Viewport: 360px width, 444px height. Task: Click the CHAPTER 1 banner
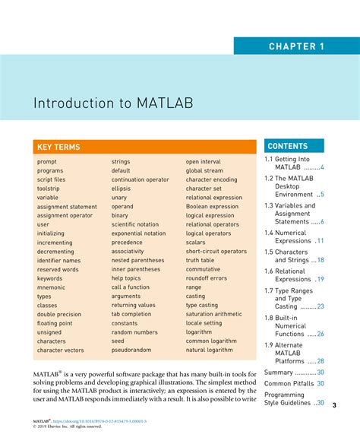pyautogui.click(x=296, y=46)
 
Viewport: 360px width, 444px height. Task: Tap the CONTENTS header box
pyautogui.click(x=287, y=146)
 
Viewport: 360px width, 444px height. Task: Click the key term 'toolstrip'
pyautogui.click(x=48, y=189)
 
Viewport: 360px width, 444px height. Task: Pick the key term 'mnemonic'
pyautogui.click(x=51, y=287)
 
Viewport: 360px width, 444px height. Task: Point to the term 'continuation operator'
pyautogui.click(x=140, y=179)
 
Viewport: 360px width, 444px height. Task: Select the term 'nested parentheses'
pyautogui.click(x=138, y=260)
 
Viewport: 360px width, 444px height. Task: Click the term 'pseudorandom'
pyautogui.click(x=131, y=350)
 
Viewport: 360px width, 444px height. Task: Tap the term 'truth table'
pyautogui.click(x=200, y=260)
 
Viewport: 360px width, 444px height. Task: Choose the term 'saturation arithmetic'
pyautogui.click(x=213, y=314)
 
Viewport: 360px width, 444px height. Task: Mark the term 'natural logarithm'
pyautogui.click(x=210, y=350)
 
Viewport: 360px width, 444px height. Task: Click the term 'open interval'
pyautogui.click(x=203, y=162)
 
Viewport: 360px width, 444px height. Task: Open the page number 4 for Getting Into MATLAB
pyautogui.click(x=322, y=167)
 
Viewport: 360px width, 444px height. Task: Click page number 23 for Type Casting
pyautogui.click(x=321, y=306)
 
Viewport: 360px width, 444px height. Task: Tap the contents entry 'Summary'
pyautogui.click(x=278, y=373)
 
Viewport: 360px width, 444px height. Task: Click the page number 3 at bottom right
pyautogui.click(x=335, y=404)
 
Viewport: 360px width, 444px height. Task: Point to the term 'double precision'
pyautogui.click(x=59, y=314)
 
